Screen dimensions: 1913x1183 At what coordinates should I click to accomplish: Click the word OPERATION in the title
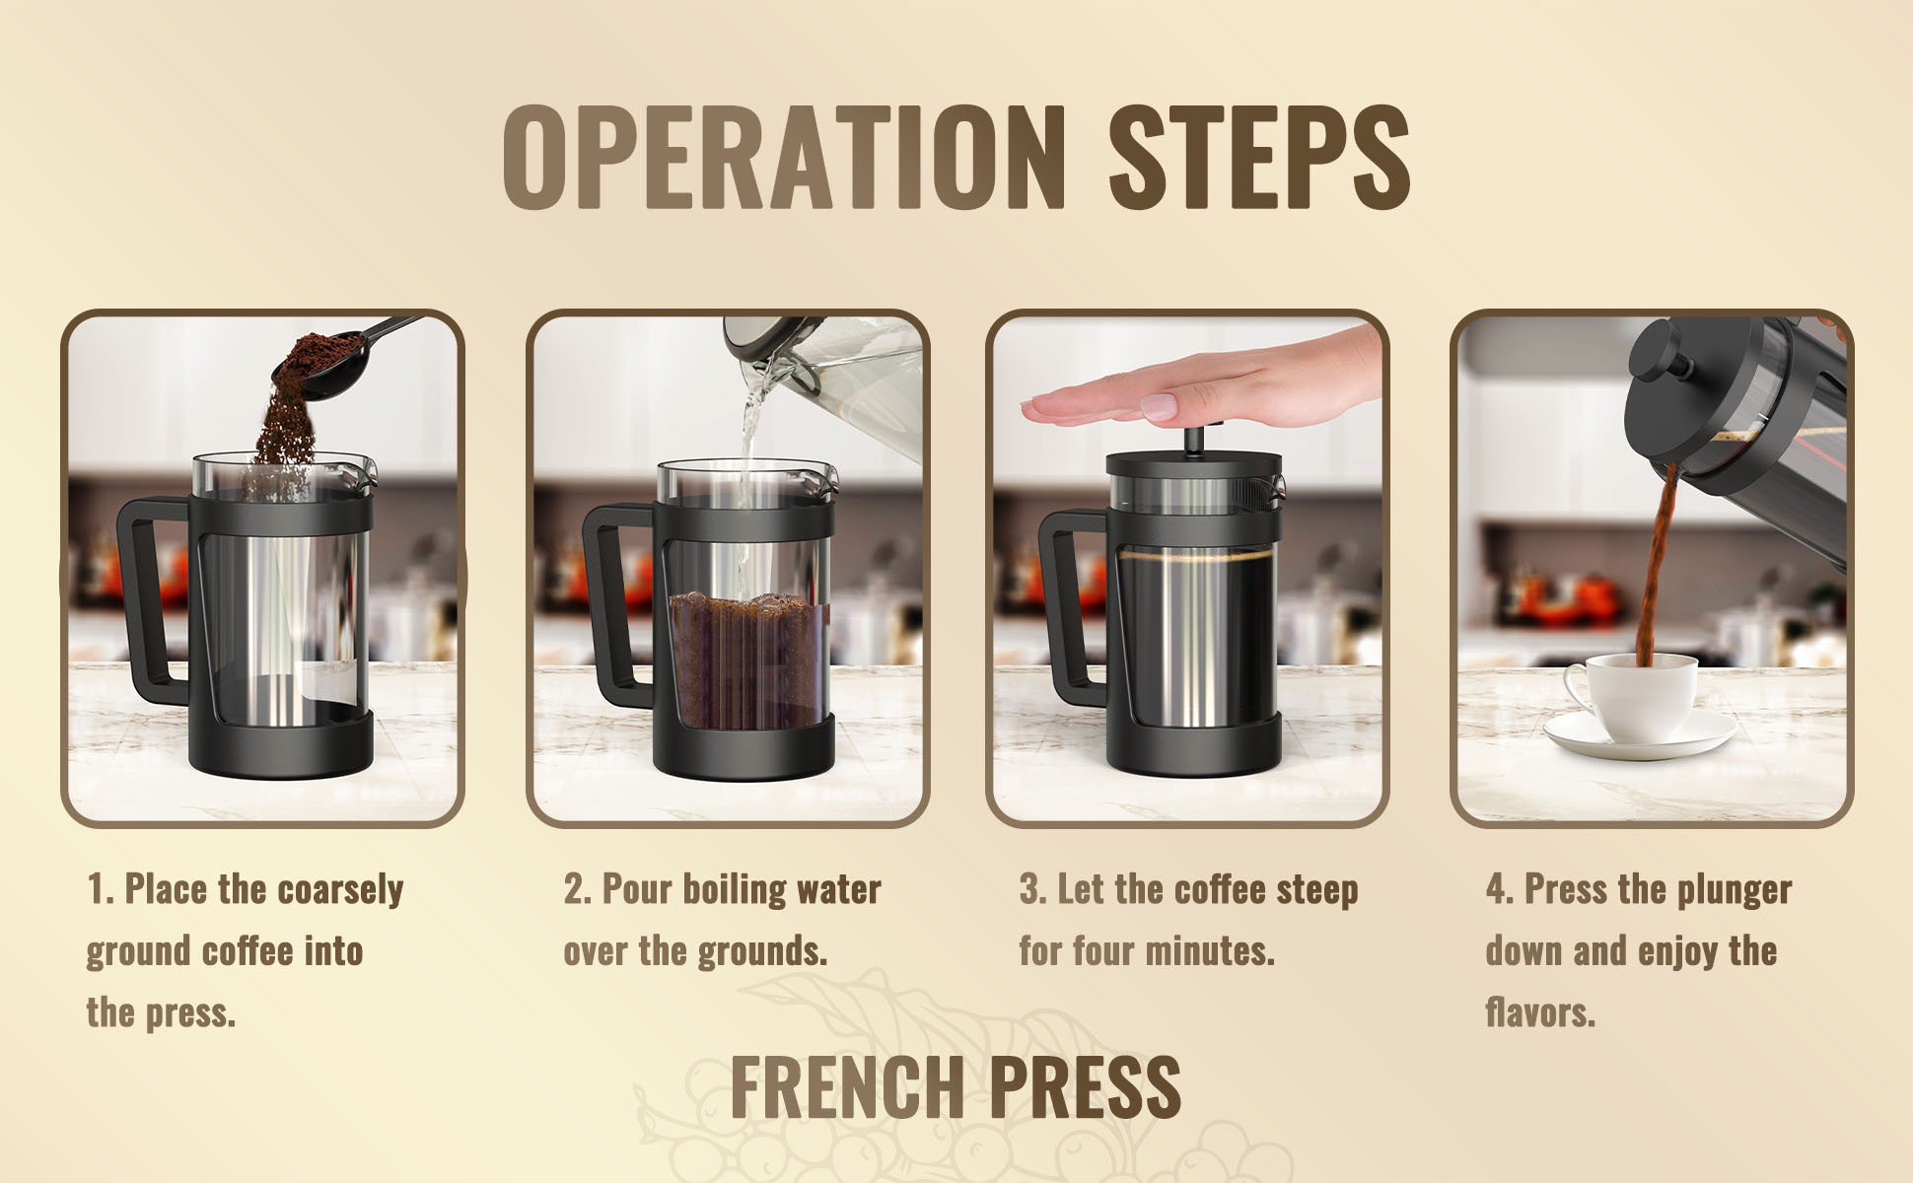(x=784, y=158)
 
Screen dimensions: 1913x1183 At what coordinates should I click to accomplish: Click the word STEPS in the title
(x=1260, y=158)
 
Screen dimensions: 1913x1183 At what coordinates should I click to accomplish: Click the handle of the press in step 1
(x=148, y=601)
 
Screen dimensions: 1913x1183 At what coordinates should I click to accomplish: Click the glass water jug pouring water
(x=828, y=384)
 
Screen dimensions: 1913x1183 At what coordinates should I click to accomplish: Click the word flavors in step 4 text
(x=1540, y=1012)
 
